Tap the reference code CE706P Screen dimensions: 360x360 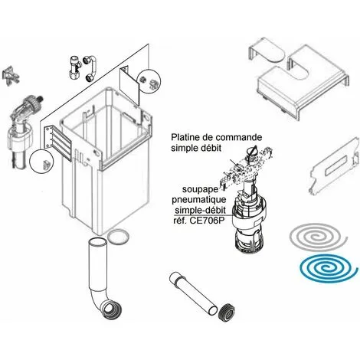205,221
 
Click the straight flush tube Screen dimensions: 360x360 193,293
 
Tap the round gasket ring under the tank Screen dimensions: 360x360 118,237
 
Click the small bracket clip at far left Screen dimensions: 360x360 11,75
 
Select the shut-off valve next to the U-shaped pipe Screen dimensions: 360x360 74,67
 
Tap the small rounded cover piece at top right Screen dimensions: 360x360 266,52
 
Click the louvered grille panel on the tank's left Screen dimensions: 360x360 59,143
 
